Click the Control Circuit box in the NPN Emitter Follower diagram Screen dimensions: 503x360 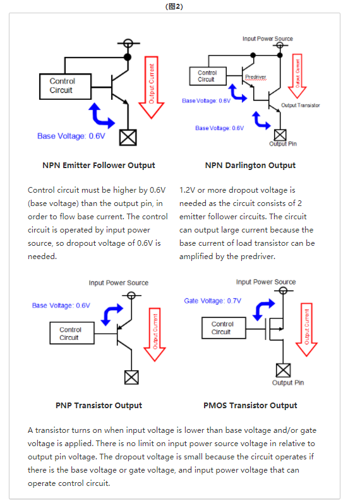point(62,86)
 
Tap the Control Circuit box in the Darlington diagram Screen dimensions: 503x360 point(207,76)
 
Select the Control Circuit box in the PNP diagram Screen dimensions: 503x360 point(70,333)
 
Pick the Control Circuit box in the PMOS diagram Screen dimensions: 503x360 point(222,327)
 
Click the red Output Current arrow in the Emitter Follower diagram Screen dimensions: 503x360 point(151,85)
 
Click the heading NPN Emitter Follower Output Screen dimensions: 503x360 point(99,166)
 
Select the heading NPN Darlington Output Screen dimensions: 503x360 point(250,166)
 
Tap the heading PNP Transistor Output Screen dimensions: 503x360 point(99,405)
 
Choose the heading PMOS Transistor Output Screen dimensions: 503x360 point(250,405)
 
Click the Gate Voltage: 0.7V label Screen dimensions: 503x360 point(213,301)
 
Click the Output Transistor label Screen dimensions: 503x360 point(300,105)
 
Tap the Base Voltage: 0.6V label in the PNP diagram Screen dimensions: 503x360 point(61,305)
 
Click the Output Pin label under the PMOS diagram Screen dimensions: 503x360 point(287,382)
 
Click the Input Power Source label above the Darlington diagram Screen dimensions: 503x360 point(268,39)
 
